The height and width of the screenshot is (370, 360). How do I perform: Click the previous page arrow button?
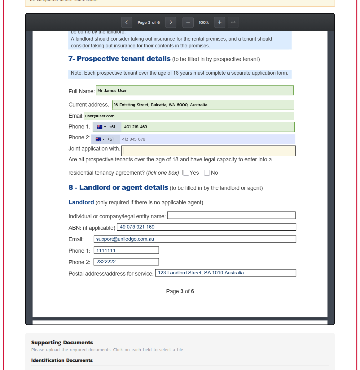126,22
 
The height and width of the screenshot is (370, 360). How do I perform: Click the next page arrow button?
171,22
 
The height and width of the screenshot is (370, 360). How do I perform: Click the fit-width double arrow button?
233,22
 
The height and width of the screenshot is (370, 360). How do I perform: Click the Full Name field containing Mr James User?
195,90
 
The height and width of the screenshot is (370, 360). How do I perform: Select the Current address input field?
203,105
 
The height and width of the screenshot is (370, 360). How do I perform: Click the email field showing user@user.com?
189,116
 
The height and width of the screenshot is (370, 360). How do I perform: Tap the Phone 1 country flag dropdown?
101,127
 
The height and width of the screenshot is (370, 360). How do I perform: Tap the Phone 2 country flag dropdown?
100,139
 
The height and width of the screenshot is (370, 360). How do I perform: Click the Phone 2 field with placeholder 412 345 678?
207,139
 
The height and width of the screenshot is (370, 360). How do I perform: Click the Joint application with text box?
208,151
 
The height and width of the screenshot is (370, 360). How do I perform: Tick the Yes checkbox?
186,173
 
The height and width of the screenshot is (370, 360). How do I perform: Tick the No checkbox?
207,173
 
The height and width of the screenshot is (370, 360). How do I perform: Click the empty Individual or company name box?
231,215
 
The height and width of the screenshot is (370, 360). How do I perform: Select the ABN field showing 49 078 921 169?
206,227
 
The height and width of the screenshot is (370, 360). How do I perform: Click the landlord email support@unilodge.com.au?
195,239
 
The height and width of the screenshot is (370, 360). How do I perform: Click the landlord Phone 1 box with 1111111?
126,250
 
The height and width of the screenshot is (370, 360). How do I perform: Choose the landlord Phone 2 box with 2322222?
126,262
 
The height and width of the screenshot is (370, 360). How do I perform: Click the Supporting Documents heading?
62,342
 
